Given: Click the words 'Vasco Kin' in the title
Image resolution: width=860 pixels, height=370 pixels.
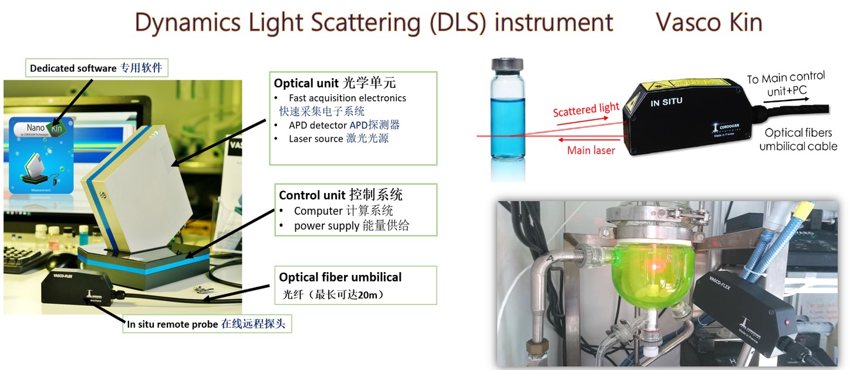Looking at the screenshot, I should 709,22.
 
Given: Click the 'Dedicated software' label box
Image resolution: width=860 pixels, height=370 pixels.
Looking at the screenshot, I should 97,68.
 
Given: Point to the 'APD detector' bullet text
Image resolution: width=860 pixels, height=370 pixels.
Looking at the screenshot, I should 344,124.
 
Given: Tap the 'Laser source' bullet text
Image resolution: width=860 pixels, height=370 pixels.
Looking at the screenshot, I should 339,138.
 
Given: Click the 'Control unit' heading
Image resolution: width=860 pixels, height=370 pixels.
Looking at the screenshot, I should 340,195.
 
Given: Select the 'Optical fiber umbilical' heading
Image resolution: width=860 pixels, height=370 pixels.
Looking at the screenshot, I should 340,277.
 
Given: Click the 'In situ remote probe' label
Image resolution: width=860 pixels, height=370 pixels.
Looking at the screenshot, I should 206,323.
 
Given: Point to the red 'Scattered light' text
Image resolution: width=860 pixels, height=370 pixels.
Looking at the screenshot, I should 586,110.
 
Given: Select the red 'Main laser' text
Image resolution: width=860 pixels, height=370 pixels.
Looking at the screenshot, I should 591,151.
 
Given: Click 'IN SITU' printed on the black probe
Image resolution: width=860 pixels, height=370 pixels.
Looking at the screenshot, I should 666,102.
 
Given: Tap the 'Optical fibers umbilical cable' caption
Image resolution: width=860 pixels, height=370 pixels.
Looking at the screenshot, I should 798,140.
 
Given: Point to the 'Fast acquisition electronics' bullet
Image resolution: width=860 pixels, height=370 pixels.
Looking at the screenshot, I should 347,98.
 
